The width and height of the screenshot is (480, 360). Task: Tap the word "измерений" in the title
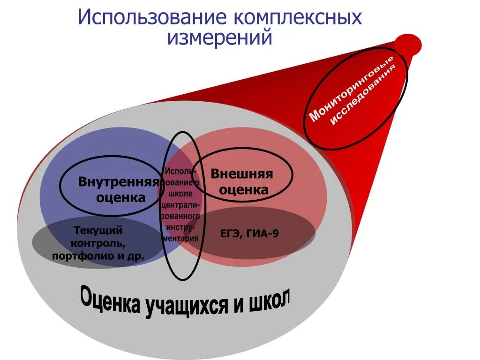[x=219, y=37]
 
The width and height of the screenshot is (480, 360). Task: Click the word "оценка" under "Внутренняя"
[x=120, y=197]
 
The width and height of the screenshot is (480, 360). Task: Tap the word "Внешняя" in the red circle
[x=241, y=174]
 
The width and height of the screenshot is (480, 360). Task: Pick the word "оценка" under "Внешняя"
[x=244, y=190]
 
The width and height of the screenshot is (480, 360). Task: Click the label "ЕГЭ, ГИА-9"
[x=249, y=233]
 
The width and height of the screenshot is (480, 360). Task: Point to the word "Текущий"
[x=98, y=230]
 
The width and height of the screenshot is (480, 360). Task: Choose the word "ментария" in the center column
[x=181, y=238]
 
